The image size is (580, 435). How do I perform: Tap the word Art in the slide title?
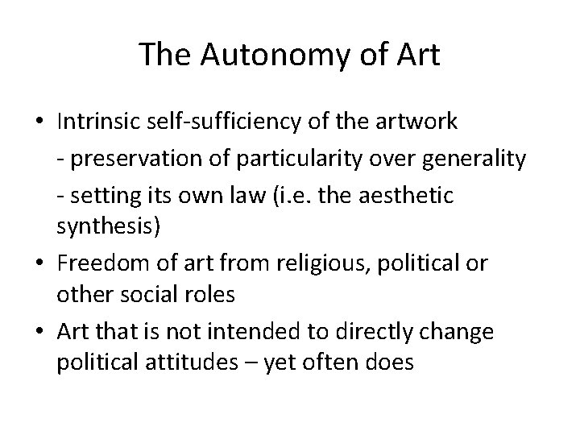pos(418,54)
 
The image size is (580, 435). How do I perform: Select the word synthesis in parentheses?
pos(106,226)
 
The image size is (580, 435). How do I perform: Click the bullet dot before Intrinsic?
pos(39,122)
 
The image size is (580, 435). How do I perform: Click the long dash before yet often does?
pos(259,362)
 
